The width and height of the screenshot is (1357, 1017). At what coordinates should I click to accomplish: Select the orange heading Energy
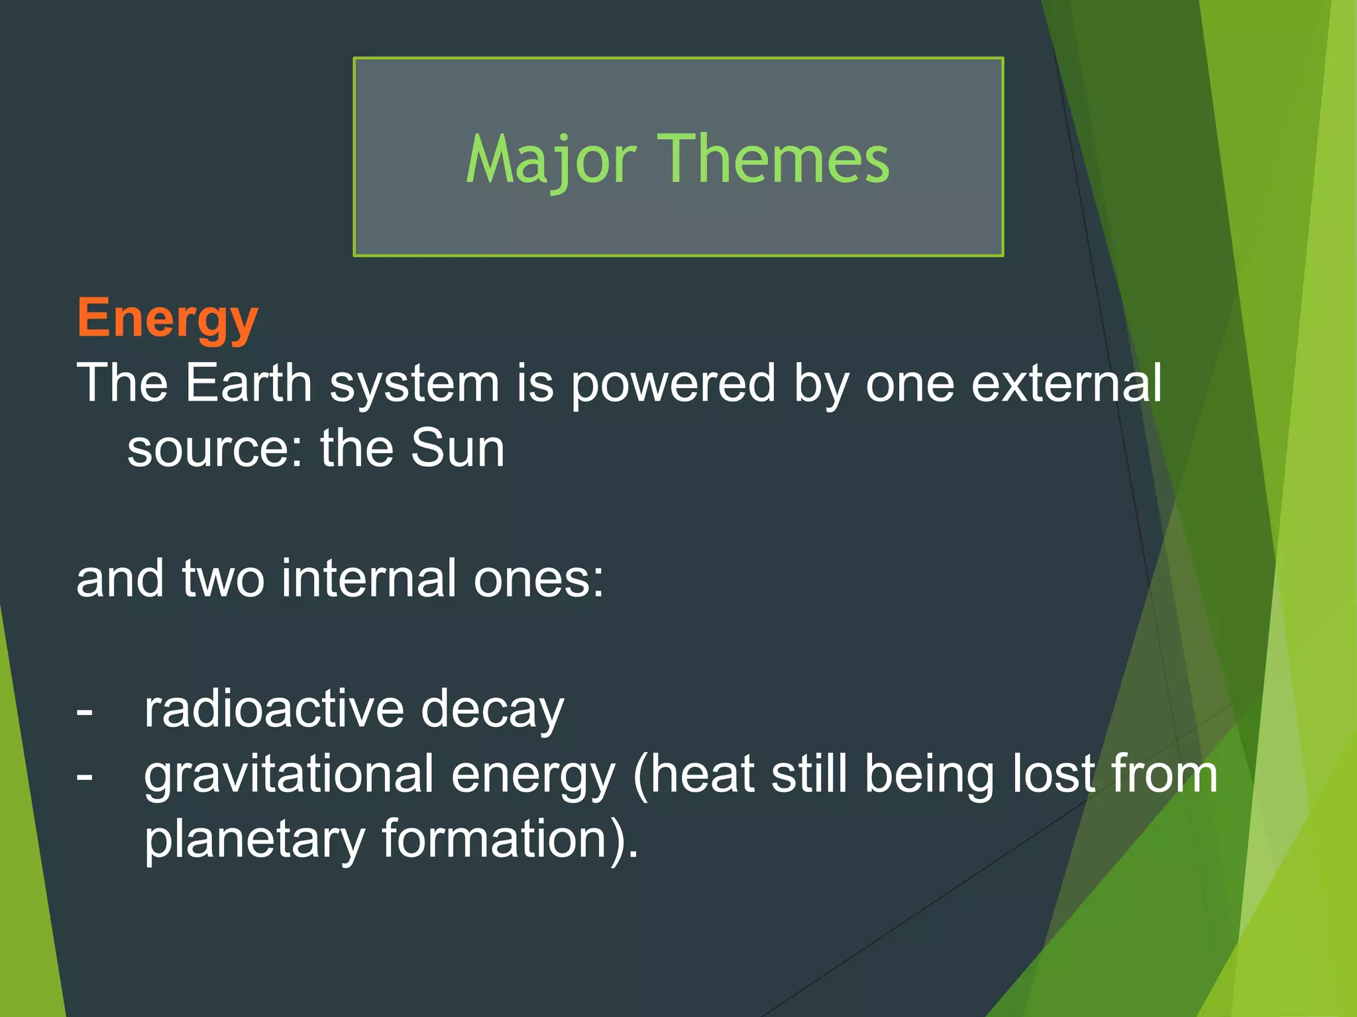click(x=167, y=319)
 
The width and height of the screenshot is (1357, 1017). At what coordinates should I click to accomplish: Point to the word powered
click(x=673, y=384)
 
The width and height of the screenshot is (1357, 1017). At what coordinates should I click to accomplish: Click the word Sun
click(x=457, y=448)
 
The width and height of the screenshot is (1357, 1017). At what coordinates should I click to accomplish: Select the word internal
click(x=368, y=578)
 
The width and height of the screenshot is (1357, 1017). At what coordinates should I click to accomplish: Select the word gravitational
click(x=289, y=775)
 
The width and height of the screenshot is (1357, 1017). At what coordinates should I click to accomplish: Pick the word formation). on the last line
click(x=510, y=839)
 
